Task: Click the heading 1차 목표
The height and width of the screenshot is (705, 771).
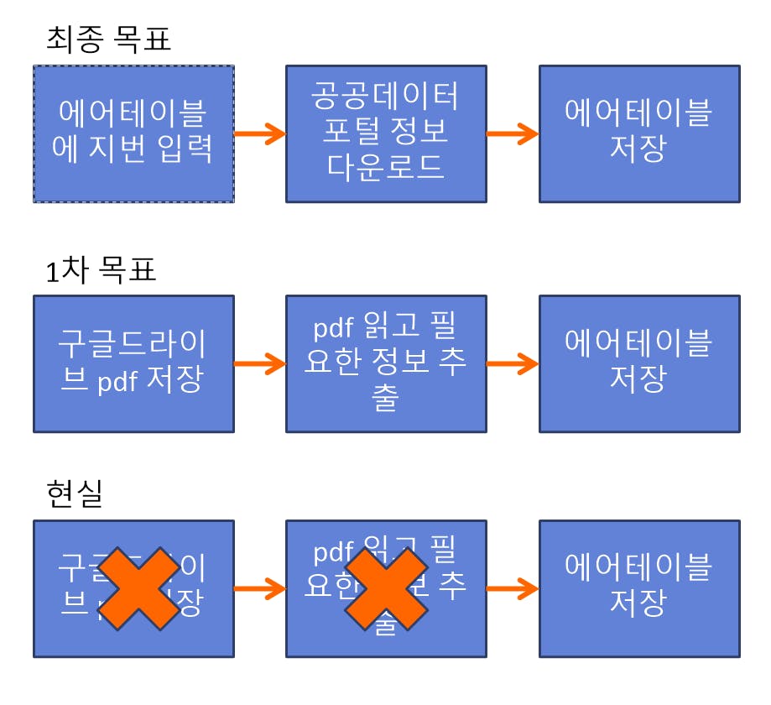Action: [101, 270]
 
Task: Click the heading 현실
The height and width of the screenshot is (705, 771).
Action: [75, 494]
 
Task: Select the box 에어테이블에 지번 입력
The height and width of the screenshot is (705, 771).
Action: [133, 134]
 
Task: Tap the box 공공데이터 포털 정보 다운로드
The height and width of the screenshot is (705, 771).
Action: [386, 134]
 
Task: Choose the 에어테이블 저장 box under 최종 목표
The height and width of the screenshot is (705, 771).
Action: [639, 134]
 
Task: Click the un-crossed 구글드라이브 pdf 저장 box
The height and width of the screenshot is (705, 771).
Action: [133, 363]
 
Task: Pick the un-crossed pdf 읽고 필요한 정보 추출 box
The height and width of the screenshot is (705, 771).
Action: [386, 363]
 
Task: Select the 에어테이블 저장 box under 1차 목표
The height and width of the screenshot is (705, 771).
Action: [639, 363]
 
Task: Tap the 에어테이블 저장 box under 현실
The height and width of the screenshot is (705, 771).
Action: [639, 588]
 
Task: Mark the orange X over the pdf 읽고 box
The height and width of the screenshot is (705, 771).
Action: [386, 588]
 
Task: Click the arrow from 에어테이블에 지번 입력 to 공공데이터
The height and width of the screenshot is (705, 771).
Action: [260, 133]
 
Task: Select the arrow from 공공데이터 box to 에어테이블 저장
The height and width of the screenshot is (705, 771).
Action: [513, 133]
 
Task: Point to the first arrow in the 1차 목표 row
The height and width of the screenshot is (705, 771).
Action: [260, 363]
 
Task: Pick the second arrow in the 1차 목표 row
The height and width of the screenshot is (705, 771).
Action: [513, 363]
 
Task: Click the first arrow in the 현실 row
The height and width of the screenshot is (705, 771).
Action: [260, 588]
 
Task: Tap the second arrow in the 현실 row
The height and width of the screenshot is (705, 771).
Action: [513, 588]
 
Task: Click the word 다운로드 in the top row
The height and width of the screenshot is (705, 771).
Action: [386, 165]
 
